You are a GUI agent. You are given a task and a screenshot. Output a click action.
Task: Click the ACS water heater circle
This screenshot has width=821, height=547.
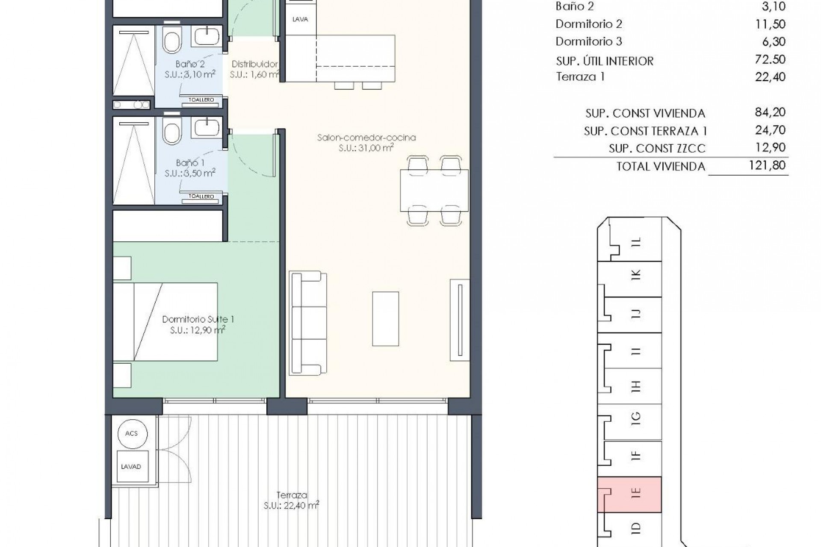(131, 433)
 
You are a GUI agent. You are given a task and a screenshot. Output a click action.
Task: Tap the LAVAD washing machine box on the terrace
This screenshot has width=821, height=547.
(131, 467)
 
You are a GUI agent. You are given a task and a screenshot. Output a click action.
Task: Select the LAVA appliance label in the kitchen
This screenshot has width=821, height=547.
(300, 19)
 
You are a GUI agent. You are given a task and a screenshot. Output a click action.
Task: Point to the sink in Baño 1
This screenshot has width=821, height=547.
(207, 127)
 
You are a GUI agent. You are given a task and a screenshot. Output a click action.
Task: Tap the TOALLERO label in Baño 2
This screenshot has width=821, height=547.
(201, 100)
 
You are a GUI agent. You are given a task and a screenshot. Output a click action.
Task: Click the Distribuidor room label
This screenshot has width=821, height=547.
(254, 64)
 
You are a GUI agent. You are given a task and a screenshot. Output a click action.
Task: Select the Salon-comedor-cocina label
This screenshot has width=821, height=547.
(366, 138)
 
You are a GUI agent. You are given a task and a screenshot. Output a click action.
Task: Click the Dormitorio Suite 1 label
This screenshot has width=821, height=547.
(198, 319)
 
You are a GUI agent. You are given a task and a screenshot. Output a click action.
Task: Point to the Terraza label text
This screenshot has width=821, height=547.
(292, 495)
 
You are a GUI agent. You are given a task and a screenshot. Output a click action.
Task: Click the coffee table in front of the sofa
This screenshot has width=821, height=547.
(385, 319)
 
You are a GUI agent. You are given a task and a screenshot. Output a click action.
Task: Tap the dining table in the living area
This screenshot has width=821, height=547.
(434, 191)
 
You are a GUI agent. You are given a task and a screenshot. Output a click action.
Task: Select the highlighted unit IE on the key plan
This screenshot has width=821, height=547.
(629, 494)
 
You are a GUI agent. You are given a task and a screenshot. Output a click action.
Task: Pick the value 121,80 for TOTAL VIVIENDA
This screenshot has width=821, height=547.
(767, 165)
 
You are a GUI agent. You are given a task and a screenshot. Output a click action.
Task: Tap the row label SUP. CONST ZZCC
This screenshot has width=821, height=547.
(657, 149)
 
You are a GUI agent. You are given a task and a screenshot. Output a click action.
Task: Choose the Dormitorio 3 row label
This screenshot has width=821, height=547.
(588, 41)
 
